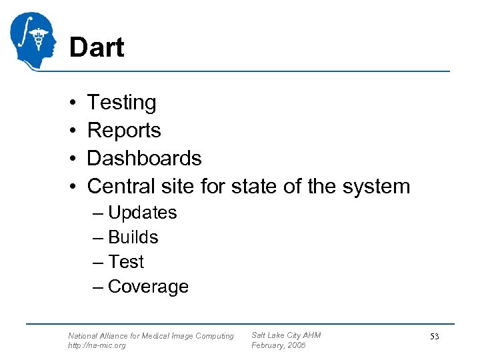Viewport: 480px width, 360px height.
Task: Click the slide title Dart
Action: [x=97, y=48]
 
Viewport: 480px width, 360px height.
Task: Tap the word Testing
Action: [x=121, y=103]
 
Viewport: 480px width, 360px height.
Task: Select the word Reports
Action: [x=124, y=130]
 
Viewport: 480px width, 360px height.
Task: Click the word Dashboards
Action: [x=144, y=158]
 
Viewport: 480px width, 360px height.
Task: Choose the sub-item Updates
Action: [x=142, y=213]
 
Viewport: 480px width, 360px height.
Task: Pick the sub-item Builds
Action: [x=133, y=237]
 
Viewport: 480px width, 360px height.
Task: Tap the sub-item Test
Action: [x=125, y=262]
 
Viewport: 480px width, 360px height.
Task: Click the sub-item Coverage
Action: [x=148, y=287]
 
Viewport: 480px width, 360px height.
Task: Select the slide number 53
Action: [x=434, y=337]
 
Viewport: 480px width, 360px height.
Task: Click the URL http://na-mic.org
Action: [x=97, y=345]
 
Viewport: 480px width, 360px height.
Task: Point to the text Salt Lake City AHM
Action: [x=286, y=335]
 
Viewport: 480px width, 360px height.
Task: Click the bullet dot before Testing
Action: [x=71, y=103]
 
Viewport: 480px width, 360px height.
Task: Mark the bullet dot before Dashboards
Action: [x=71, y=159]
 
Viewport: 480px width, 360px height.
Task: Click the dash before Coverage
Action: [x=99, y=287]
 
